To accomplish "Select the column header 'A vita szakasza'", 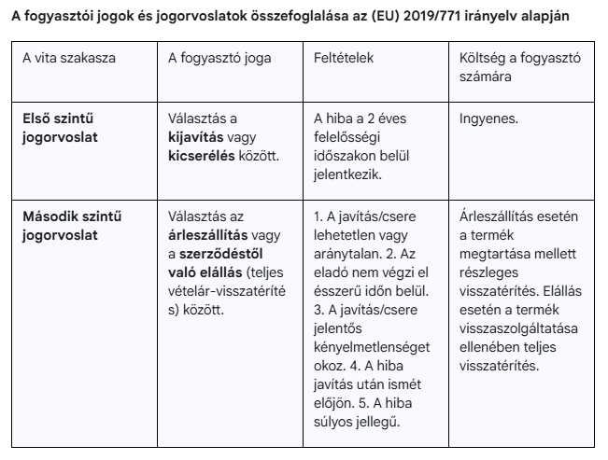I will pos(69,57).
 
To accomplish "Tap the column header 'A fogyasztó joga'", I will pos(219,57).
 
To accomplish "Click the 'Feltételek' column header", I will pos(344,57).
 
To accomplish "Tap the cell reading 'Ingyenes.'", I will pos(490,119).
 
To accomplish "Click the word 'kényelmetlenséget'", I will pos(372,346).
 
